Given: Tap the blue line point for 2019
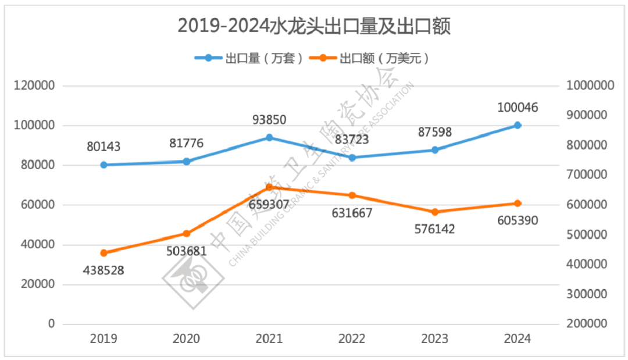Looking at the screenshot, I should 104,165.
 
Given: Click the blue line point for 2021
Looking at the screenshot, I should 269,137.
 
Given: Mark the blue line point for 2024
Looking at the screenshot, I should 518,125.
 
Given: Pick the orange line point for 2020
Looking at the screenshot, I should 187,233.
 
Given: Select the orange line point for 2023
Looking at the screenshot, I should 435,212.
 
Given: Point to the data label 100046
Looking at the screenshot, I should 518,108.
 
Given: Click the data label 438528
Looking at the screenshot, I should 104,270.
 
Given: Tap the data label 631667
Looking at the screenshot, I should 352,213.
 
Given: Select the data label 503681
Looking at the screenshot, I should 187,251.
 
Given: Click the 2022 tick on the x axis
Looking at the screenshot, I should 352,339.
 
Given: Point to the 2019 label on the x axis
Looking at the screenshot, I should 104,339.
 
